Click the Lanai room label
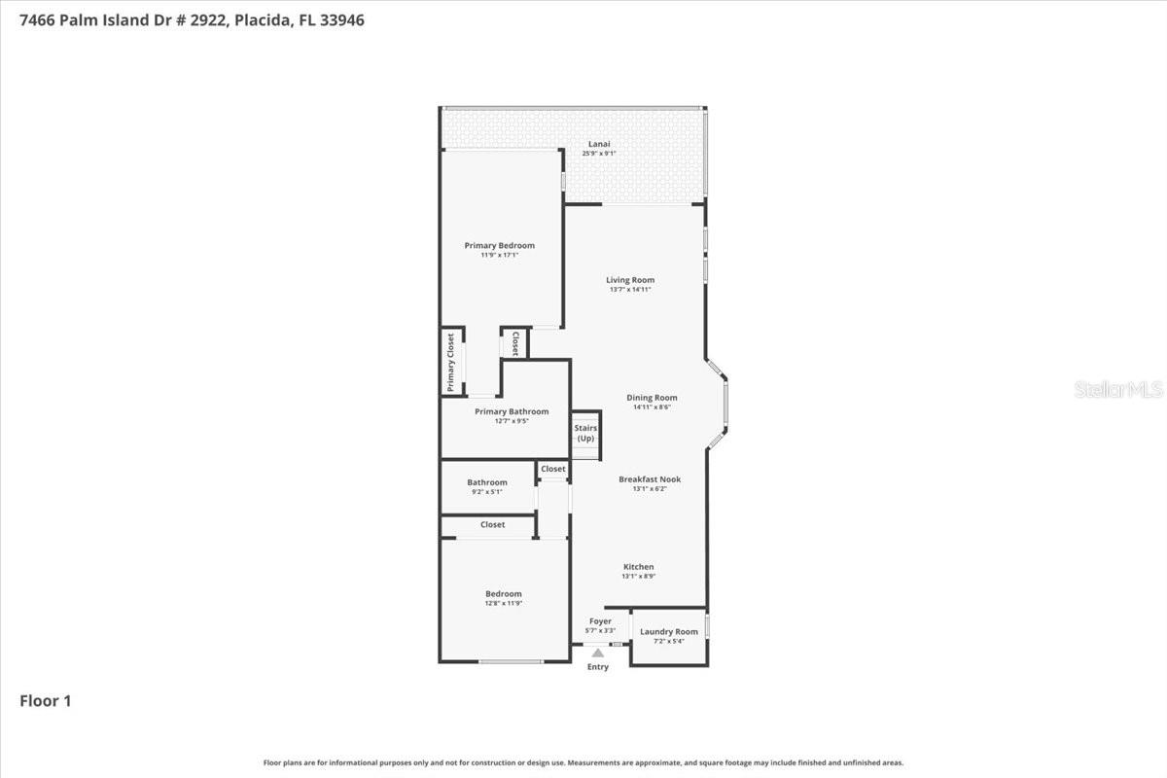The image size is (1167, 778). point(599,144)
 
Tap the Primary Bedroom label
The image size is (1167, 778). point(499,246)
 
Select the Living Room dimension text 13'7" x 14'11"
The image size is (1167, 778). point(629,289)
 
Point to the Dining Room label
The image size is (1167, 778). point(652,398)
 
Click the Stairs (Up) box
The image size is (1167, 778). point(585,434)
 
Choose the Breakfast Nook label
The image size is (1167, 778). point(650,479)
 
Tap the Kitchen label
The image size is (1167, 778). point(638,567)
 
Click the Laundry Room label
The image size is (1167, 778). point(669,632)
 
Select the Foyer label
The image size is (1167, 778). point(600,621)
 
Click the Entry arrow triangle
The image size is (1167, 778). point(598,654)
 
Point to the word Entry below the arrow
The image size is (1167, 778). point(598,667)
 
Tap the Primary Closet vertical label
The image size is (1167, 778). point(451,362)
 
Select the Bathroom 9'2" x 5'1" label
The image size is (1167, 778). point(486,486)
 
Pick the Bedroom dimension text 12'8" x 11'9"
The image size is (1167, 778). point(504,603)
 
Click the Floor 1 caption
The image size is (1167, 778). point(45,700)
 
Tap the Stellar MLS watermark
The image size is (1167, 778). point(1117,390)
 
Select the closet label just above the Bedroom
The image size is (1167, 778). point(492,525)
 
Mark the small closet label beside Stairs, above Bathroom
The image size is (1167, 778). point(553,469)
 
